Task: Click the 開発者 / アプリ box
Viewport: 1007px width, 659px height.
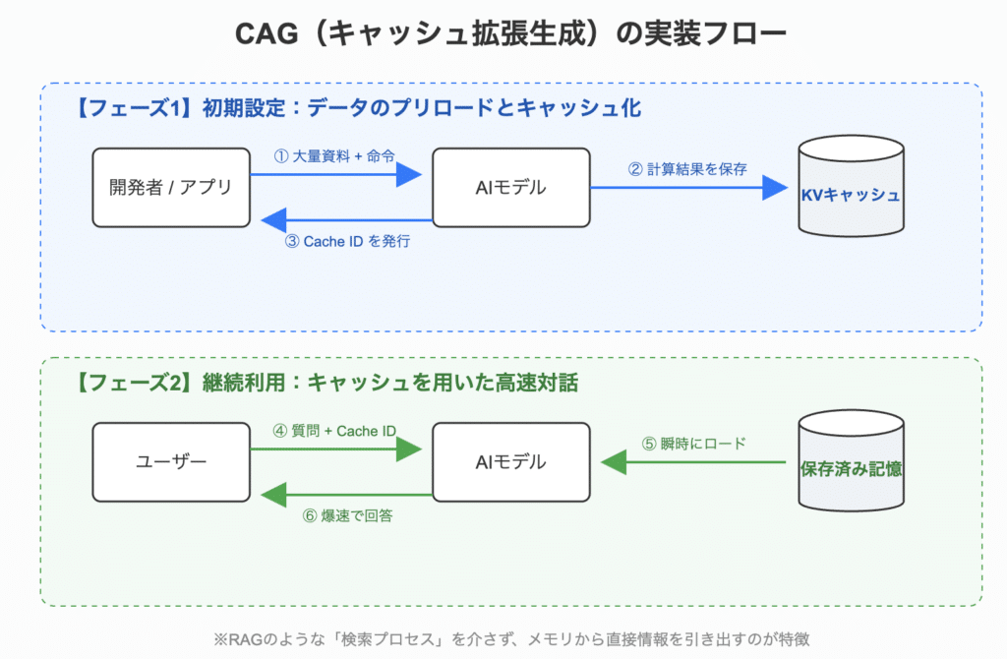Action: tap(171, 187)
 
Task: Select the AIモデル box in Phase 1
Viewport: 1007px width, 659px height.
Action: tap(511, 187)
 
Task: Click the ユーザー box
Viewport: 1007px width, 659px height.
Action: tap(171, 461)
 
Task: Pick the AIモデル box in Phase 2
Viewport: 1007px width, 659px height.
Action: tap(511, 461)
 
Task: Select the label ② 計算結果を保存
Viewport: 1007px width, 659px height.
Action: tap(687, 168)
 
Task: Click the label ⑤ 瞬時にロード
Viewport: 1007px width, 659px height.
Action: tap(694, 443)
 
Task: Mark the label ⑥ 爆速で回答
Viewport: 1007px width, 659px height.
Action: tap(345, 515)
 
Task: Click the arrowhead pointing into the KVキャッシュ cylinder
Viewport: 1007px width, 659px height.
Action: tap(777, 188)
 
